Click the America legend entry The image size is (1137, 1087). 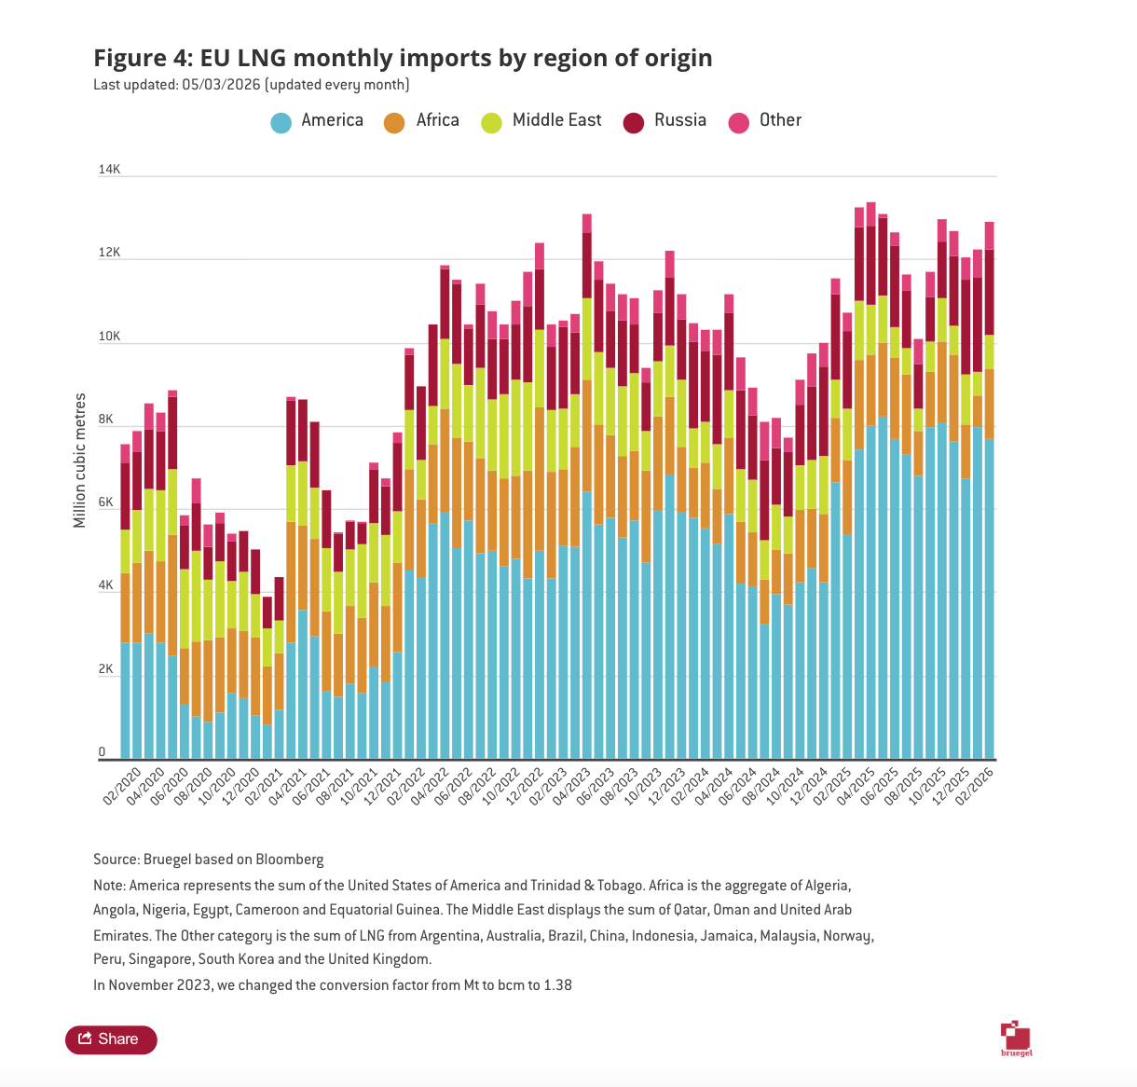click(317, 121)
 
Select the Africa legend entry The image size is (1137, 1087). click(422, 121)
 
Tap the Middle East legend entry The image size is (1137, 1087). click(541, 121)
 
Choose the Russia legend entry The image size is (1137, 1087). click(665, 121)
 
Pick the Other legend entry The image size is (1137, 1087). click(765, 121)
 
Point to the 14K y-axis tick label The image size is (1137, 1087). click(109, 170)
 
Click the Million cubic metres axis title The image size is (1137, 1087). click(80, 461)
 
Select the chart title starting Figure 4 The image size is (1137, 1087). click(403, 58)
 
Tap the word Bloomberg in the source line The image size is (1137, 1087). click(290, 860)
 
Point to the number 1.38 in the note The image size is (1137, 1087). click(557, 984)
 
